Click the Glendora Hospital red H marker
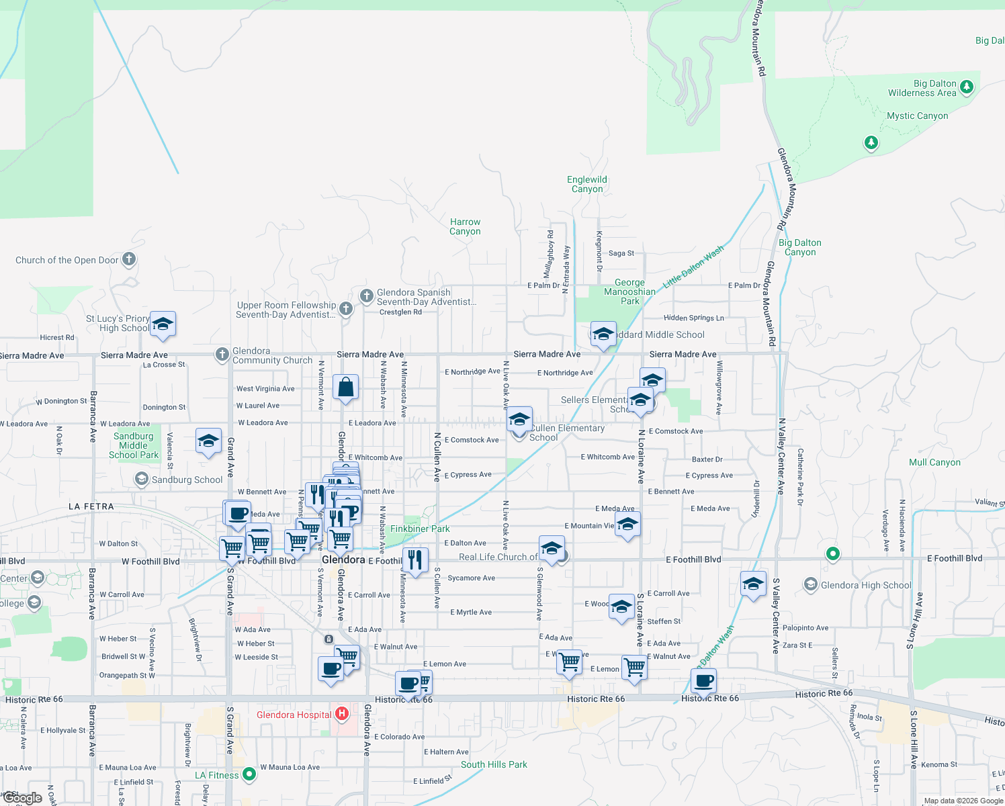click(342, 713)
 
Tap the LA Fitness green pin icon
click(249, 774)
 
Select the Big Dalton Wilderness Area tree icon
click(967, 87)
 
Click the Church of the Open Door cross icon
click(129, 259)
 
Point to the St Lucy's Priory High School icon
click(163, 324)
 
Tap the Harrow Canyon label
click(465, 226)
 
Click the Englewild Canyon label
click(587, 184)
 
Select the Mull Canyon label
click(934, 462)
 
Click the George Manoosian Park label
click(629, 292)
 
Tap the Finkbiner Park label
click(420, 529)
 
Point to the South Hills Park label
click(494, 764)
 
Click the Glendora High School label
click(866, 585)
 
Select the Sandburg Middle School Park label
click(134, 445)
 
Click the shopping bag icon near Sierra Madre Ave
click(345, 388)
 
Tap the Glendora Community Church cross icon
click(222, 354)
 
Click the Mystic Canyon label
click(917, 116)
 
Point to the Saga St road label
click(621, 253)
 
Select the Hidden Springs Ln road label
click(693, 318)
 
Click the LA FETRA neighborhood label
click(91, 506)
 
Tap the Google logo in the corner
click(23, 798)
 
